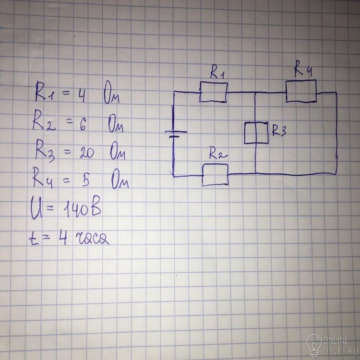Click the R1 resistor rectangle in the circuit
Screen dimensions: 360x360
coord(214,82)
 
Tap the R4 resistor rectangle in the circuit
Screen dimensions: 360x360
coord(301,80)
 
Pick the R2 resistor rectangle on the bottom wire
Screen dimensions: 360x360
coord(215,164)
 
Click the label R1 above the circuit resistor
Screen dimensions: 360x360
coord(217,73)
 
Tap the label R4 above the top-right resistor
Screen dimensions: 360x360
coord(303,68)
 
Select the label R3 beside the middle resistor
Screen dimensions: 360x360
coord(279,131)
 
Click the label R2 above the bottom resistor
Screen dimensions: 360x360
coord(217,154)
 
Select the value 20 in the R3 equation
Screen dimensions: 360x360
coord(87,153)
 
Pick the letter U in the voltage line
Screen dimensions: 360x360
coord(36,210)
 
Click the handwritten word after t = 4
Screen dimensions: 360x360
coord(92,239)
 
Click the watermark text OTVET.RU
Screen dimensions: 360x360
coord(337,350)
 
